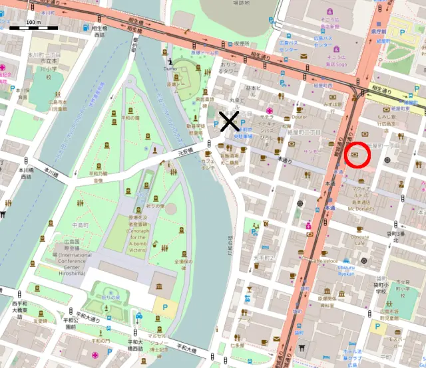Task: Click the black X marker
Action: [230, 122]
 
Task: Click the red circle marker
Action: [358, 155]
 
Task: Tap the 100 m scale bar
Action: [33, 27]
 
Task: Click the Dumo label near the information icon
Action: [170, 68]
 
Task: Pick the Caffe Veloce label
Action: [325, 261]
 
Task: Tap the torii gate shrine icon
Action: [302, 347]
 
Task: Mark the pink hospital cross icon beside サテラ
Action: [269, 111]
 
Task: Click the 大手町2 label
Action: [264, 256]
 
